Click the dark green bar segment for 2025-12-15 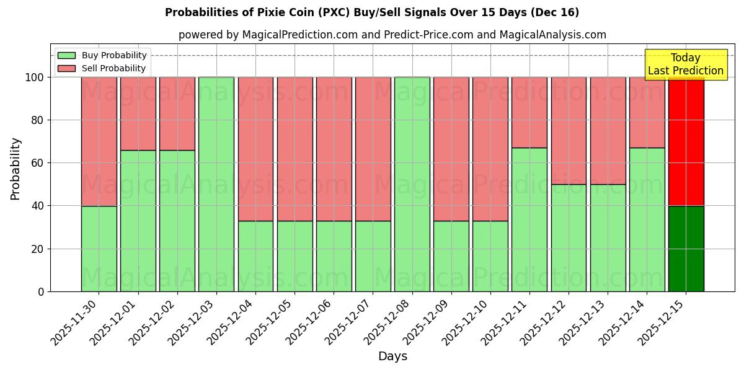[686, 249]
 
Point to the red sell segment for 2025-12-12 [569, 131]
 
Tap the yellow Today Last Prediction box [686, 65]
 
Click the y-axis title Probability [15, 169]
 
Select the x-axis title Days [392, 356]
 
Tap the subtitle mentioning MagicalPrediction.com [392, 35]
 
